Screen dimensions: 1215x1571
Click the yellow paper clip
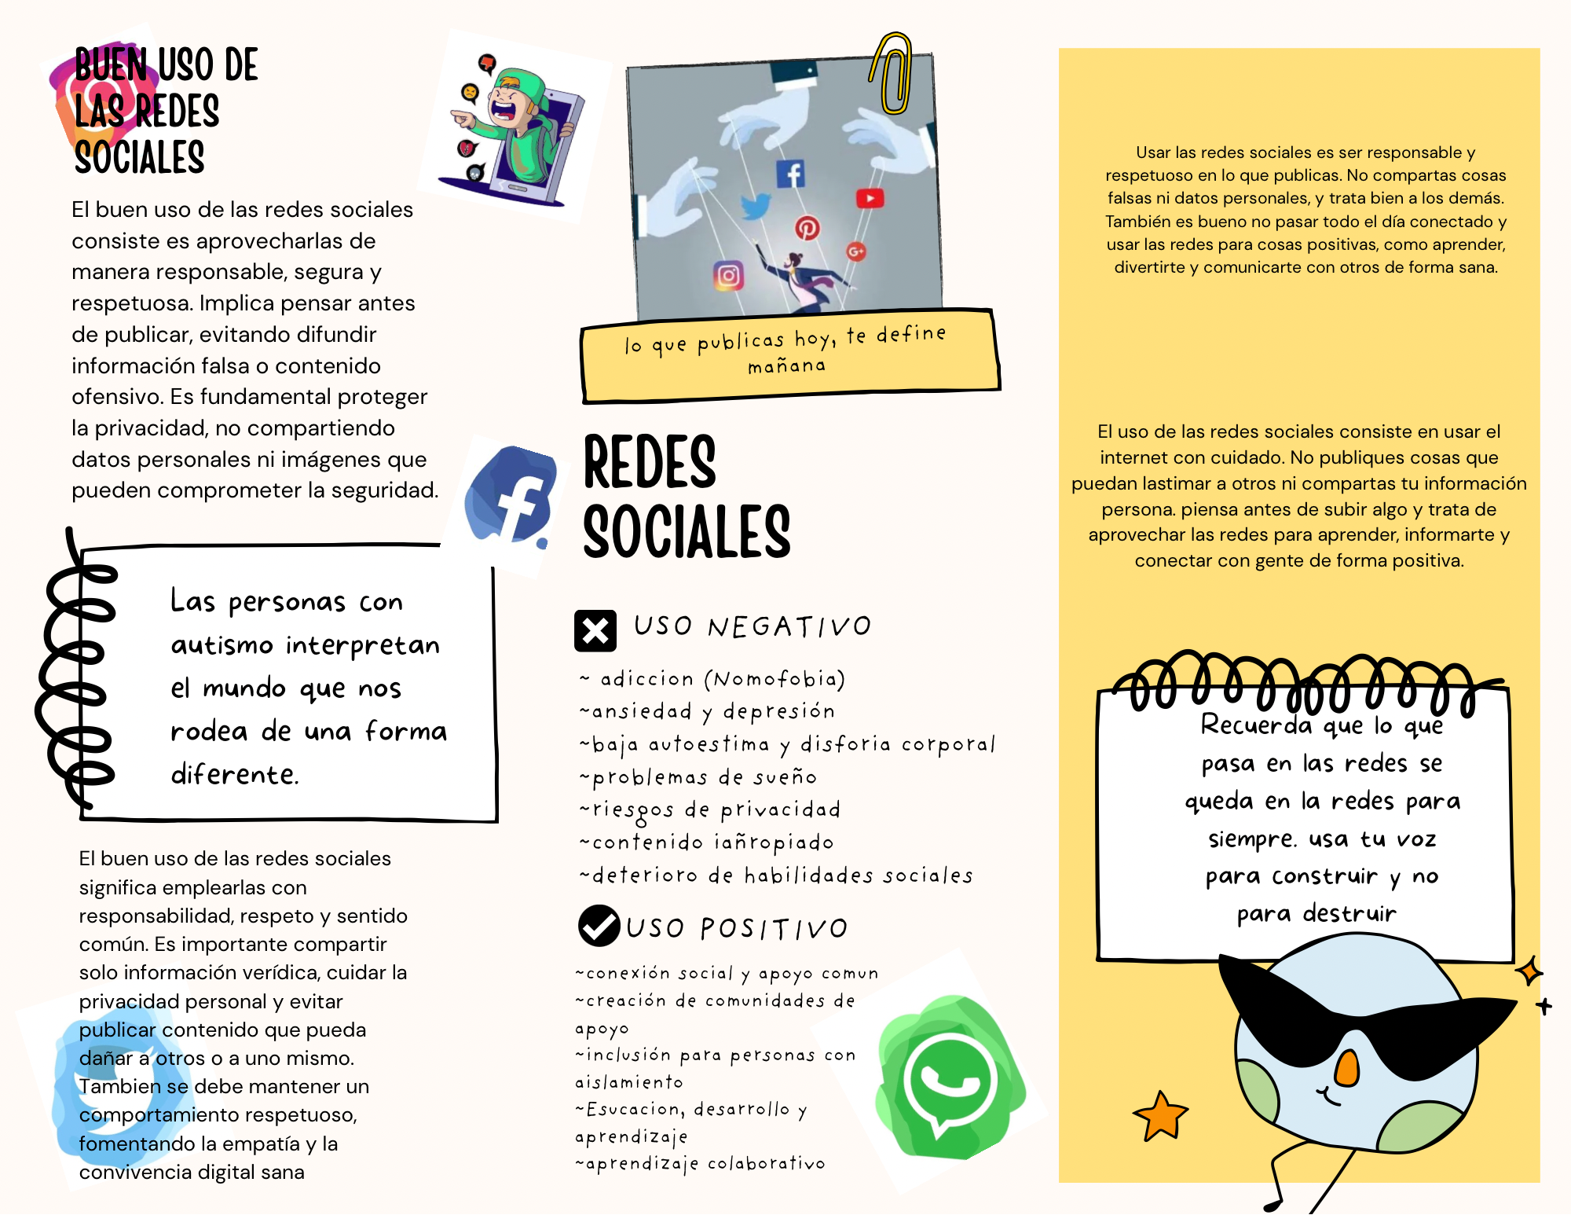893,74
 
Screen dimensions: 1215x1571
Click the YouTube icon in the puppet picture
870,198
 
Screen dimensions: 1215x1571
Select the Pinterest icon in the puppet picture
807,228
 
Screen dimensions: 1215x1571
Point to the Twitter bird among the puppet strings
756,207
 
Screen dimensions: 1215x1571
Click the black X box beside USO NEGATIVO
595,630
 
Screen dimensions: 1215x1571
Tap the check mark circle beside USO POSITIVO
599,925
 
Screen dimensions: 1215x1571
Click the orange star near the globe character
1160,1115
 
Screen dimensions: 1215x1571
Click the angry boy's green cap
523,86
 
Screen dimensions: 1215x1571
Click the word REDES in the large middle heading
650,463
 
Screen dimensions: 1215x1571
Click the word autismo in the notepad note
222,646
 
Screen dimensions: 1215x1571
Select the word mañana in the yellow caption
786,366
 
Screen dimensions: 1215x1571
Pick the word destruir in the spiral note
1349,913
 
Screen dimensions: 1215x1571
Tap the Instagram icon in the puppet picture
728,275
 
